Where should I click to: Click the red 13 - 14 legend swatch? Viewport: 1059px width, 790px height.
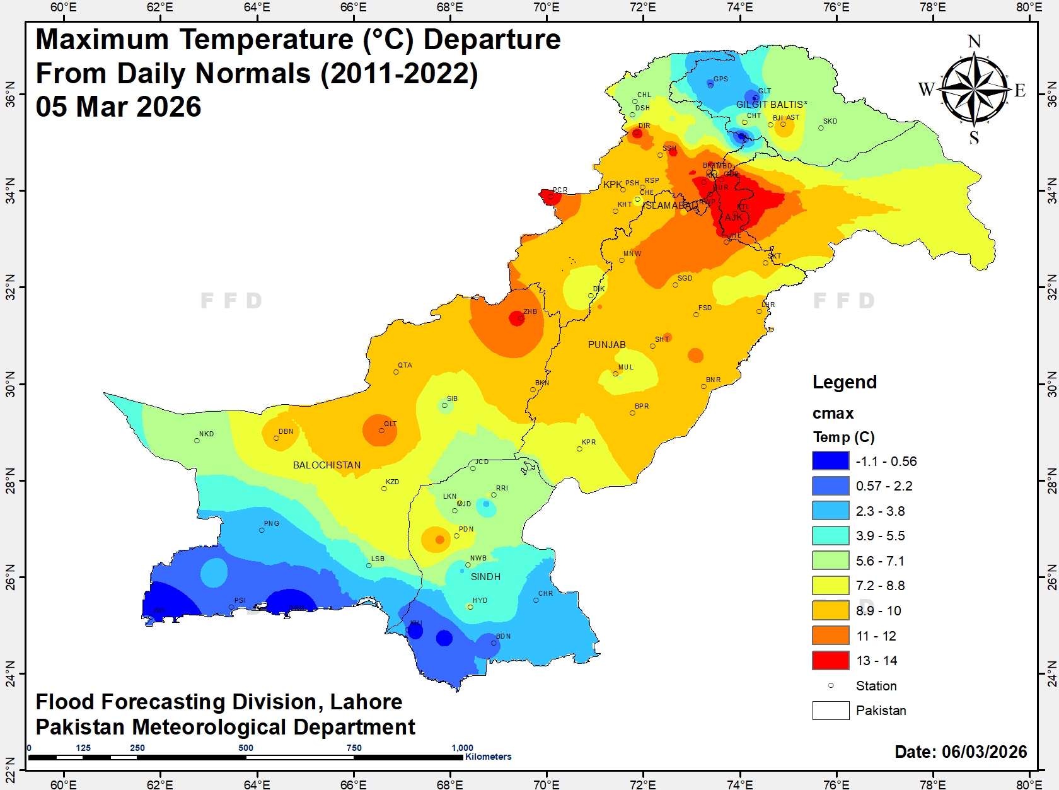[830, 660]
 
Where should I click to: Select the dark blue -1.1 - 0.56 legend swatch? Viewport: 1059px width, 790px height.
[830, 461]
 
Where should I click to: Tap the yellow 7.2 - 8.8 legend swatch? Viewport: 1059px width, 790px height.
[830, 585]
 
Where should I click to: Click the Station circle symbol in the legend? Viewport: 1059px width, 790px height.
[831, 685]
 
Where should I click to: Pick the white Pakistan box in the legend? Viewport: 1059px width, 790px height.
[830, 710]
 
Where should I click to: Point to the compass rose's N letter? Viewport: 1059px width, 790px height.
[974, 42]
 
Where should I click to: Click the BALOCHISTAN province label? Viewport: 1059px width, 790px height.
[327, 465]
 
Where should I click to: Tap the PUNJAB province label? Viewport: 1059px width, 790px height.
[606, 345]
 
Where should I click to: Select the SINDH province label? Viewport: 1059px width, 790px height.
[485, 577]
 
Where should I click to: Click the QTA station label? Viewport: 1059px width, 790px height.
[405, 365]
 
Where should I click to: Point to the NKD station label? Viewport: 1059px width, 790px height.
[206, 434]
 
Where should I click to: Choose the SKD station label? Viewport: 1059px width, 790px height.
[830, 121]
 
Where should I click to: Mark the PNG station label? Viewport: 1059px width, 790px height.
[272, 523]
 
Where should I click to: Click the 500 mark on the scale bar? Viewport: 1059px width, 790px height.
[246, 748]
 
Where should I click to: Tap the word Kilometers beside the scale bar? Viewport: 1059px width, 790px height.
[488, 757]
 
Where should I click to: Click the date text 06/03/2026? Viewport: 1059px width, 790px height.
[984, 752]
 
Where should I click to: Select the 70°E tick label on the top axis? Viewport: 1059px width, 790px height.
[546, 8]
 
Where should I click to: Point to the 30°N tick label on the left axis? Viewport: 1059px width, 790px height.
[10, 384]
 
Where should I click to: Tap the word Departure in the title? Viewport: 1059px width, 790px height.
[492, 40]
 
